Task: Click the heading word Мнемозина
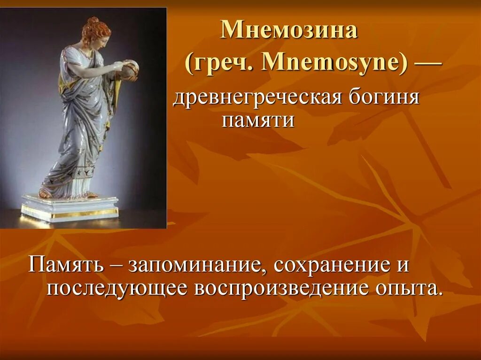(289, 31)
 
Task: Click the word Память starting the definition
(66, 266)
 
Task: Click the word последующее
(117, 288)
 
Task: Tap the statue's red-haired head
(96, 31)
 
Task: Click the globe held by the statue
(128, 69)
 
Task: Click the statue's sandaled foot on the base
(46, 193)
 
